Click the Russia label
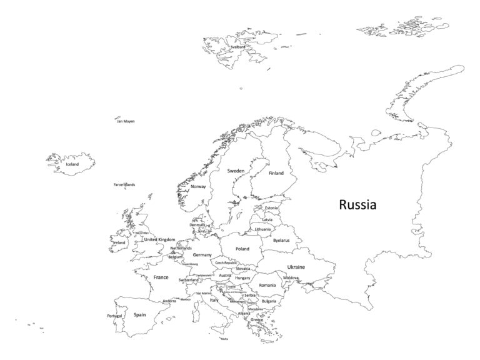[357, 204]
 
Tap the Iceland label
[72, 164]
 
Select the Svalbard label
[237, 46]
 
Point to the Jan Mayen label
[126, 121]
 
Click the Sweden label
[236, 170]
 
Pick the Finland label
[276, 173]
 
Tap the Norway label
[198, 186]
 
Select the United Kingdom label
[159, 239]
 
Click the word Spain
[140, 314]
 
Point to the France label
[161, 277]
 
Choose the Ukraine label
[296, 267]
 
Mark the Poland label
[242, 249]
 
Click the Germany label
[202, 255]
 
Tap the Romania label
[267, 285]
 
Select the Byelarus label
[281, 240]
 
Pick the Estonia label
[271, 207]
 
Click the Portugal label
[114, 316]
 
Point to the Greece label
[257, 320]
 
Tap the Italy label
[214, 300]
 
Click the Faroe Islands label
[124, 184]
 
